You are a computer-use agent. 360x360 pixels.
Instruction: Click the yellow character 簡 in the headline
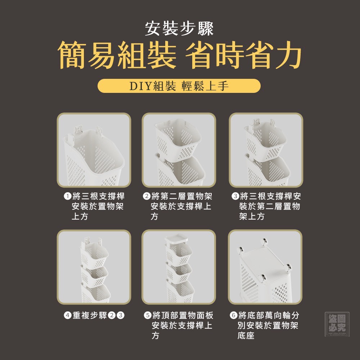point(71,55)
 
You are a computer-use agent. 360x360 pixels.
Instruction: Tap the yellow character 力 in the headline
point(288,55)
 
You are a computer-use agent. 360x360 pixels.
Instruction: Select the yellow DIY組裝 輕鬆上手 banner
point(179,86)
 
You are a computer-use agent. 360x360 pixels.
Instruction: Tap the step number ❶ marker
point(68,197)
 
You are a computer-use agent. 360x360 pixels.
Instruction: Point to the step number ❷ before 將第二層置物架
point(147,197)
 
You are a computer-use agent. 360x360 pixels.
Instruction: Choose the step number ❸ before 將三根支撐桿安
point(235,197)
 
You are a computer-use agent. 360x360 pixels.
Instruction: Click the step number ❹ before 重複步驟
point(68,315)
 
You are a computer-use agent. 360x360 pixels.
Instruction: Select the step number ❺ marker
point(148,315)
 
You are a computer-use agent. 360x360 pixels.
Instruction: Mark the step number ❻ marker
point(234,315)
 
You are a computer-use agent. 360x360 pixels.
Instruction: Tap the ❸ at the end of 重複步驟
point(121,315)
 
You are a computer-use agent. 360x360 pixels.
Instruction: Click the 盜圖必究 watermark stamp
point(337,324)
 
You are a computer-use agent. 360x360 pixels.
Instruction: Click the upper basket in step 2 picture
point(178,139)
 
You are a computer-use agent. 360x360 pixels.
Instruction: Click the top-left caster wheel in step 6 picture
point(240,250)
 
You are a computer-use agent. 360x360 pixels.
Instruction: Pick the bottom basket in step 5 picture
point(180,292)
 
